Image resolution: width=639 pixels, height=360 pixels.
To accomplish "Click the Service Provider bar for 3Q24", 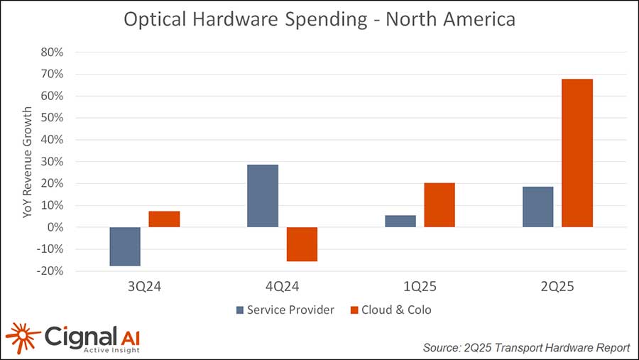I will (125, 246).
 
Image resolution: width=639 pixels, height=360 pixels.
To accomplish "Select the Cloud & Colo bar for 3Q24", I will (164, 219).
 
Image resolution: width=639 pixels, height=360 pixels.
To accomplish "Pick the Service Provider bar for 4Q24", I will (263, 196).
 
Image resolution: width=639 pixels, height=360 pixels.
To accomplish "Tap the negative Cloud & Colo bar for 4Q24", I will (302, 244).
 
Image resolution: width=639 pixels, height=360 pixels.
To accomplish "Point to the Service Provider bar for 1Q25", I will (400, 221).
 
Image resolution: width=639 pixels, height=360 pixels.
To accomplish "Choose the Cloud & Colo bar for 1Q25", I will (439, 205).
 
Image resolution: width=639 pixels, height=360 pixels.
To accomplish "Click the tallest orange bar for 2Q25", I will (577, 153).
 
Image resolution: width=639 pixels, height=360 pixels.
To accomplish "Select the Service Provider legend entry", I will (285, 310).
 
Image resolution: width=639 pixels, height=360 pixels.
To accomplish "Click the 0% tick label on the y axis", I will (55, 227).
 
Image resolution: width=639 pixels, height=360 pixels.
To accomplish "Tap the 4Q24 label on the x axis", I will (282, 288).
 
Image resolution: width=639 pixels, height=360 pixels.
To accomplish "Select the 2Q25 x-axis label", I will (557, 288).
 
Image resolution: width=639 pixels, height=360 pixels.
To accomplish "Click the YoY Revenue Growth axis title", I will (28, 162).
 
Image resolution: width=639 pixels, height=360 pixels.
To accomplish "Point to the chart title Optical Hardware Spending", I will (319, 19).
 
